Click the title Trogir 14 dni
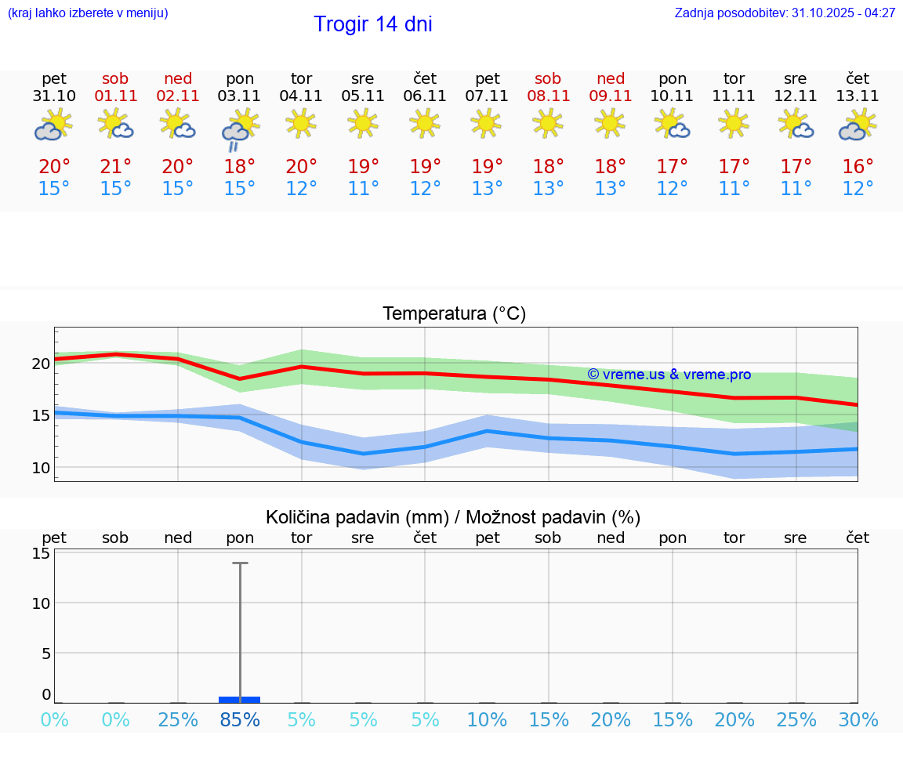(372, 24)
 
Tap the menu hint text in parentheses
(88, 13)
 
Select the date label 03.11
(240, 96)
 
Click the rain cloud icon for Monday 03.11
(239, 129)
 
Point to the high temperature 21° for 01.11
(116, 167)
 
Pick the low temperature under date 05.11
(363, 189)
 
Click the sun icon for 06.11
(425, 123)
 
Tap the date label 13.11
(858, 96)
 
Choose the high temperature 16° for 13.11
(858, 167)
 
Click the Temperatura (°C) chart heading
(454, 314)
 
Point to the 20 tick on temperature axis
(41, 364)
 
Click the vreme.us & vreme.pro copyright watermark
(669, 375)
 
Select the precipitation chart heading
(453, 517)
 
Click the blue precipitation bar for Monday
(240, 699)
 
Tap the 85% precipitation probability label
(240, 720)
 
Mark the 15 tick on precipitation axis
(41, 553)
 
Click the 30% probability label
(858, 720)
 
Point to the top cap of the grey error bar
(240, 563)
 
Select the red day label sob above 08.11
(548, 78)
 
